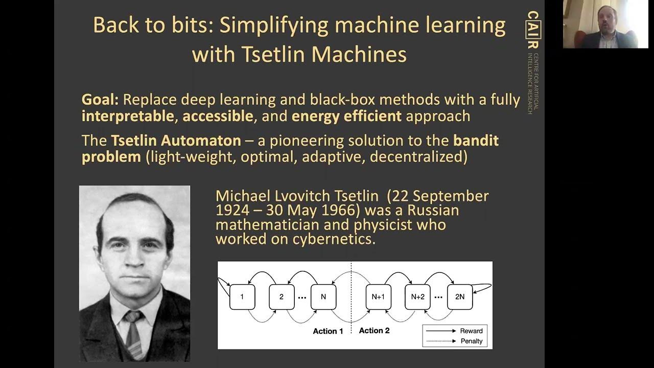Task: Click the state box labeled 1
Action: click(242, 297)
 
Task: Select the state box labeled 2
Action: click(282, 297)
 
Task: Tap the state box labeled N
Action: click(323, 297)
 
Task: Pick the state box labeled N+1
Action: click(379, 297)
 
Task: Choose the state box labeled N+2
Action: click(417, 297)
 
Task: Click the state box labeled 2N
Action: click(460, 297)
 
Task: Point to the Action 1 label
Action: click(328, 331)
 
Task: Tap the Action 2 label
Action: click(374, 331)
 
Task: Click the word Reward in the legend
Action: click(471, 331)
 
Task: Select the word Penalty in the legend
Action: click(471, 341)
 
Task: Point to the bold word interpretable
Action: click(128, 116)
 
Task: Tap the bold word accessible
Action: click(218, 116)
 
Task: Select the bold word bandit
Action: click(476, 141)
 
